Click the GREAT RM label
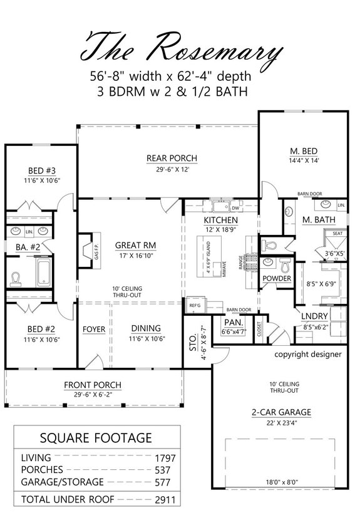(x=130, y=245)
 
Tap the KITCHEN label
(x=220, y=221)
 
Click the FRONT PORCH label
(x=93, y=385)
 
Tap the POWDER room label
(x=276, y=278)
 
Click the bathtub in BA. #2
(x=41, y=274)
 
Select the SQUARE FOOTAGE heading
(x=95, y=437)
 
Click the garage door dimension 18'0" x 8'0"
(x=286, y=482)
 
